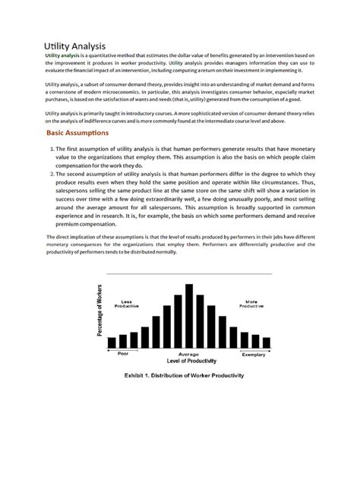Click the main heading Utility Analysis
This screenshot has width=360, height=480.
[x=74, y=46]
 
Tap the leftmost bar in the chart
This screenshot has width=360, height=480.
[x=112, y=343]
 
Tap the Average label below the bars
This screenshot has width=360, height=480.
[x=188, y=355]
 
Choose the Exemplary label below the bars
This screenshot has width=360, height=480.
[x=253, y=355]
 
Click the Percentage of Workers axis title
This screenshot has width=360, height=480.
[x=99, y=311]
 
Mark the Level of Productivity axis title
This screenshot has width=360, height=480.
[x=188, y=362]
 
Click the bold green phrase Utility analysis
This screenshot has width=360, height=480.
[x=62, y=57]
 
